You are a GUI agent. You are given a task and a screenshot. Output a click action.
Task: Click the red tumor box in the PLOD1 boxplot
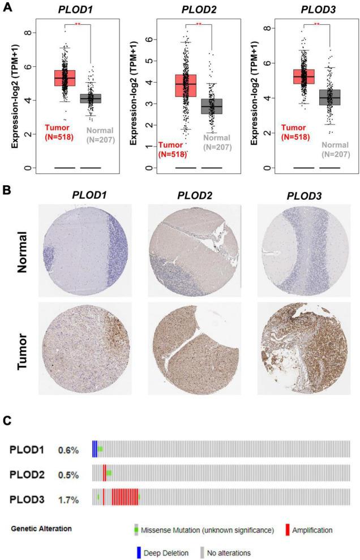coord(65,78)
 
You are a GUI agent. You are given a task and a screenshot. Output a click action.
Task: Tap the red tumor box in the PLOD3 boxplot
coord(303,76)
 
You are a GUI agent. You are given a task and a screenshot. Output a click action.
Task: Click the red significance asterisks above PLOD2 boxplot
coord(199,24)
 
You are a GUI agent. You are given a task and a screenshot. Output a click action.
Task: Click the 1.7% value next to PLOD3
coord(68,500)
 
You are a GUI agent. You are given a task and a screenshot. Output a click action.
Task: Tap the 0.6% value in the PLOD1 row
coord(68,450)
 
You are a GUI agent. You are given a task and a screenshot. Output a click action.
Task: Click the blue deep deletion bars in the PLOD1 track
coord(95,449)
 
